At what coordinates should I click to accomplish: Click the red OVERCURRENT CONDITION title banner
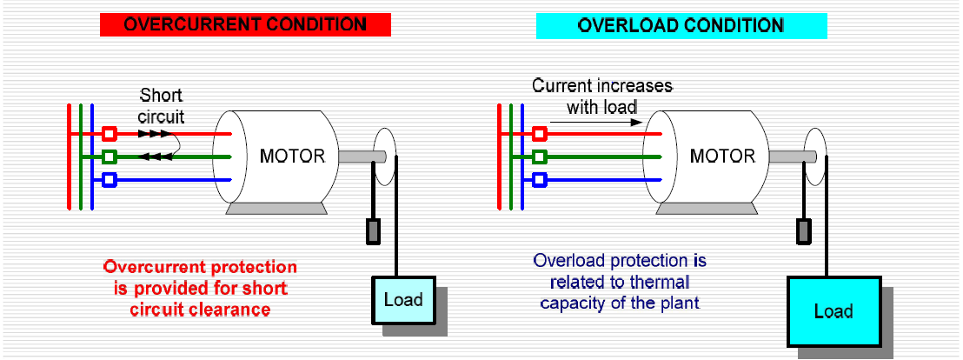point(246,24)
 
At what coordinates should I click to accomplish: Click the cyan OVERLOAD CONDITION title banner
point(681,25)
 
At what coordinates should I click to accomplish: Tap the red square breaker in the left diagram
point(110,134)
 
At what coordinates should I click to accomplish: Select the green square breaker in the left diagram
point(110,157)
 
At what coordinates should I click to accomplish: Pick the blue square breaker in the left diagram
point(110,180)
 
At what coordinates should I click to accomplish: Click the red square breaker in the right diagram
point(540,134)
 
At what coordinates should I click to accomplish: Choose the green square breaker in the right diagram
point(540,157)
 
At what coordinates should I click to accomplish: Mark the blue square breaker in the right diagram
point(540,180)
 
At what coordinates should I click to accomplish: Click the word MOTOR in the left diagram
point(293,157)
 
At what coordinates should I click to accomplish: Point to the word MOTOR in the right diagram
point(723,157)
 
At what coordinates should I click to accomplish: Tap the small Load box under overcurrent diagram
point(402,300)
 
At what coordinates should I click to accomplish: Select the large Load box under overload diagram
point(833,310)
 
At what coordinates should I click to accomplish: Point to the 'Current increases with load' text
point(602,97)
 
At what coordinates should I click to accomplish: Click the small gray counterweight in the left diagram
point(373,231)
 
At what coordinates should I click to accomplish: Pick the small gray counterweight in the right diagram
point(804,231)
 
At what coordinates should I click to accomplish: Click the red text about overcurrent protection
point(201,287)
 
